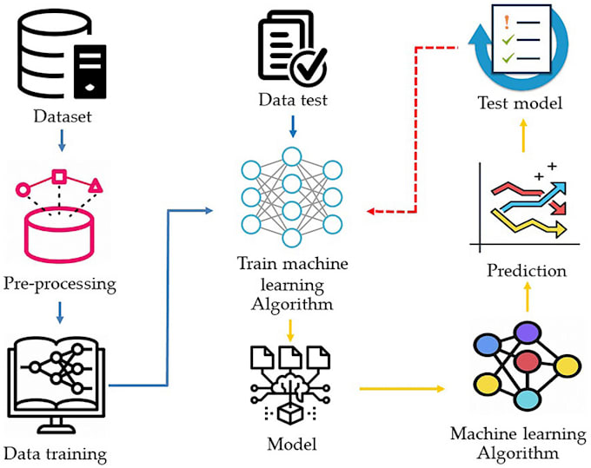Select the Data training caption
pos(56,452)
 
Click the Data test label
pos(292,102)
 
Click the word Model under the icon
pos(292,444)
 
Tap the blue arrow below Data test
pos(292,128)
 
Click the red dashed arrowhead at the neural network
pos(370,211)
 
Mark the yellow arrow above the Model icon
pos(292,328)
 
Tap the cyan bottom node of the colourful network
pos(524,399)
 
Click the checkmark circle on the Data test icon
pos(310,62)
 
